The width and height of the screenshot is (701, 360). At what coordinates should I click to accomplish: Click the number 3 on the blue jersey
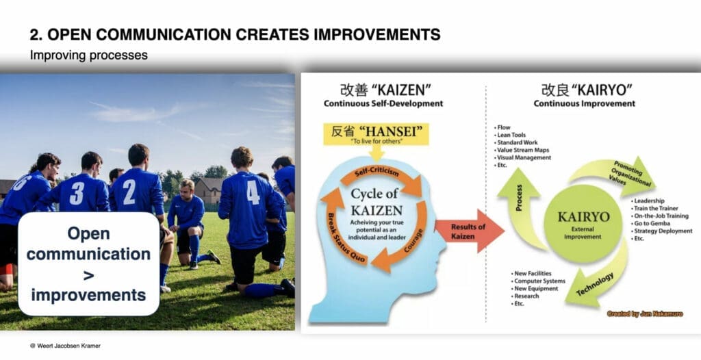point(77,193)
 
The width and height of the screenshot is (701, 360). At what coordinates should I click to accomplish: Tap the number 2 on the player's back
point(129,192)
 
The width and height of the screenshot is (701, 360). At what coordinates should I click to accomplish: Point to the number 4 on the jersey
point(253,192)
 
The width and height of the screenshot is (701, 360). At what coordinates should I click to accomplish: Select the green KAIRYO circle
point(583,224)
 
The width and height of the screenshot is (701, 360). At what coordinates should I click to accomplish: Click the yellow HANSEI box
point(377,134)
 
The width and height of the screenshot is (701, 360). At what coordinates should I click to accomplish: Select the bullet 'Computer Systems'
point(538,281)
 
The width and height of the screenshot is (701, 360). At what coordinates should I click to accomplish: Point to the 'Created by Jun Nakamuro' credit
point(645,314)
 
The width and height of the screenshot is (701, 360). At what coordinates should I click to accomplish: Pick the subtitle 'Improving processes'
point(88,55)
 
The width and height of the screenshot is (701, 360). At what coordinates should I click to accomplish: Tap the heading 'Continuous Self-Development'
point(383,103)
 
